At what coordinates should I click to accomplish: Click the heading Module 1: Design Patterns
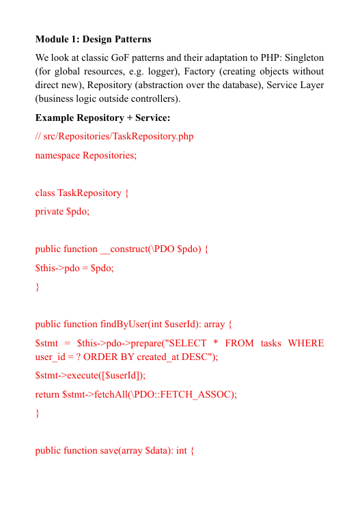click(x=93, y=39)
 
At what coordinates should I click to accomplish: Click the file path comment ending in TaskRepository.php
click(x=114, y=137)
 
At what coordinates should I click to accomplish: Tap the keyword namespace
click(x=57, y=155)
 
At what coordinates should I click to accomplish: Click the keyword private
click(x=49, y=212)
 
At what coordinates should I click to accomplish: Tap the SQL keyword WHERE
click(x=306, y=343)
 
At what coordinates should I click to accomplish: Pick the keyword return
click(x=47, y=394)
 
